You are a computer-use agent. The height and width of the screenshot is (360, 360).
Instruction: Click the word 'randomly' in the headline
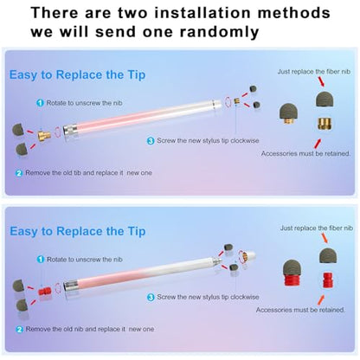pos(219,32)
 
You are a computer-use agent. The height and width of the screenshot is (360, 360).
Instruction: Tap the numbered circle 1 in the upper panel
pos(40,103)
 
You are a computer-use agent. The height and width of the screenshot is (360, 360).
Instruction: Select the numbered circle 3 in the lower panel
pos(151,297)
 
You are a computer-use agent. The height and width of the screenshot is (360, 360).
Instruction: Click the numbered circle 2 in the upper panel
pos(19,173)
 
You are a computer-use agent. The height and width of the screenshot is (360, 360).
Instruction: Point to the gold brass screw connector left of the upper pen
pos(44,135)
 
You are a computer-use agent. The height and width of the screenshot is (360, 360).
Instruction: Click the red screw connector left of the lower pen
pos(45,291)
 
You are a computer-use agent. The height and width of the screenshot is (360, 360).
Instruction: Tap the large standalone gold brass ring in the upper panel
pos(325,124)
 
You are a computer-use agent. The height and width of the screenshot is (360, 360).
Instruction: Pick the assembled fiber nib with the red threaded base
pos(292,273)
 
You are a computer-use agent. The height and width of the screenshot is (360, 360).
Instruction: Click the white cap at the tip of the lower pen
pos(249,256)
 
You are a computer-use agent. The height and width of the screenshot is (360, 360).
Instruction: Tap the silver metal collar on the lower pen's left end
pos(70,286)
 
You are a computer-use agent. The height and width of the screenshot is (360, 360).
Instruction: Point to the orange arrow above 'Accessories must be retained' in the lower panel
pos(321,300)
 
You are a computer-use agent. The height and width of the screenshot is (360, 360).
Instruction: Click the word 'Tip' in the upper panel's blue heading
pos(137,74)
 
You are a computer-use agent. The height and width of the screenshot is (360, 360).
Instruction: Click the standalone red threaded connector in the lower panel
pos(328,280)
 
